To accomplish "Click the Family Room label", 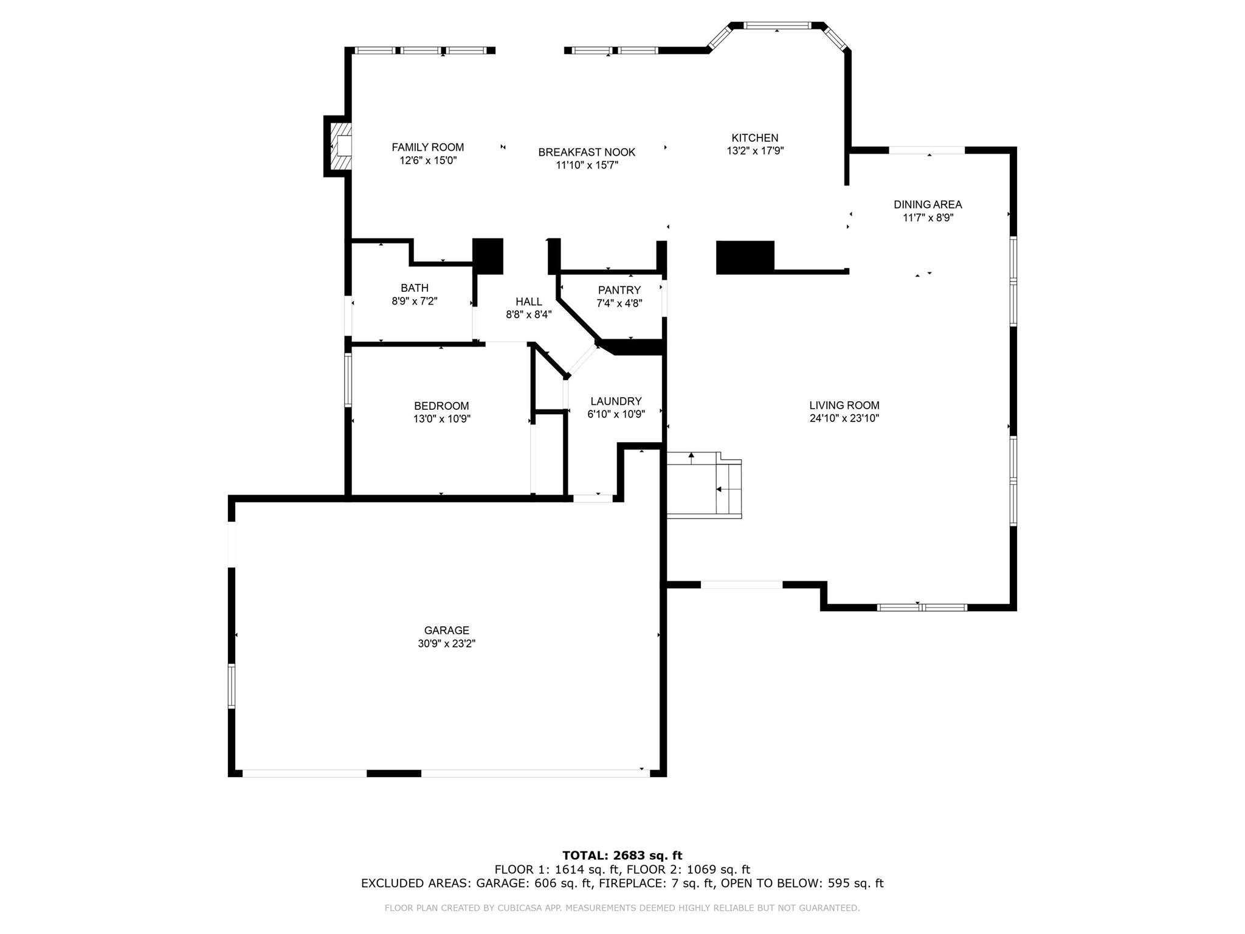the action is [427, 147].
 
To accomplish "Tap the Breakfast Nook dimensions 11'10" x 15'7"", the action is [587, 165].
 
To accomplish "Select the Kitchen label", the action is [754, 138].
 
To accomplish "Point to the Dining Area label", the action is [928, 205].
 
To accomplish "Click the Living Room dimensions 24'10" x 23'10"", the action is [844, 418].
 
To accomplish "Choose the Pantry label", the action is [619, 290].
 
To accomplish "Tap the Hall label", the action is [528, 302].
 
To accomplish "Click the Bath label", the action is [414, 288].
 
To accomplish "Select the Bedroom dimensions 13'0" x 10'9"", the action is [441, 419].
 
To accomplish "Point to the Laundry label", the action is [616, 401].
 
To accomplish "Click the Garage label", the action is [446, 631].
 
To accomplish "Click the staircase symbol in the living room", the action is [704, 485].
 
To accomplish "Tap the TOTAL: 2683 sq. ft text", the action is [622, 856].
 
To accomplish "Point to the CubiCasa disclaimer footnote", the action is [622, 908].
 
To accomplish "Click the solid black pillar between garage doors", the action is [394, 773].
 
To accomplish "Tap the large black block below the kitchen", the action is [745, 257].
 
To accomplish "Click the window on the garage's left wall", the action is [232, 686].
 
